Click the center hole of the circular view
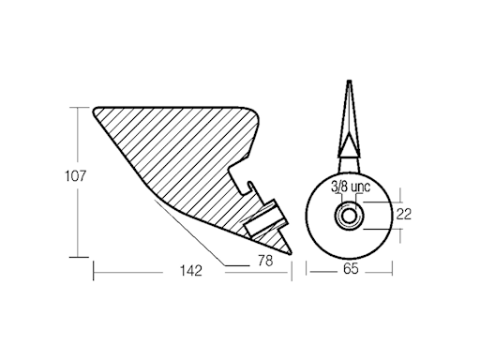[x=348, y=217]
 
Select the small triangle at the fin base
[x=347, y=147]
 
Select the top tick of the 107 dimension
[x=75, y=107]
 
